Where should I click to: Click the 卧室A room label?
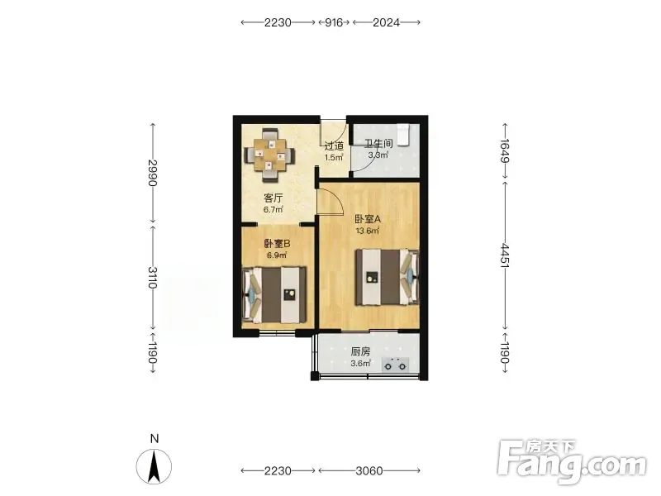368,219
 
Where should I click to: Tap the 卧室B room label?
277,244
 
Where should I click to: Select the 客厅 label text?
273,198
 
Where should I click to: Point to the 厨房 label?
360,351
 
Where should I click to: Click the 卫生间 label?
378,143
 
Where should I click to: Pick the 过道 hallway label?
334,146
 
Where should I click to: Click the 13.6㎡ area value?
368,231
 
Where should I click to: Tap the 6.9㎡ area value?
277,255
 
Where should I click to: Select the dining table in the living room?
270,155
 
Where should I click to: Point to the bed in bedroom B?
274,294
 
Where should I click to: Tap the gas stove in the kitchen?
395,365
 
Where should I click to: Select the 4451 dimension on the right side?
505,255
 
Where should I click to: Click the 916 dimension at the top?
334,22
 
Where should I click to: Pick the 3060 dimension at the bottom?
369,470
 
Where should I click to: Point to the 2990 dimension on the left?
153,173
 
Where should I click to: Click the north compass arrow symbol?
154,466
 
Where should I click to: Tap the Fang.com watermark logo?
572,462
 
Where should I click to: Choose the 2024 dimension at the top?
386,22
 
